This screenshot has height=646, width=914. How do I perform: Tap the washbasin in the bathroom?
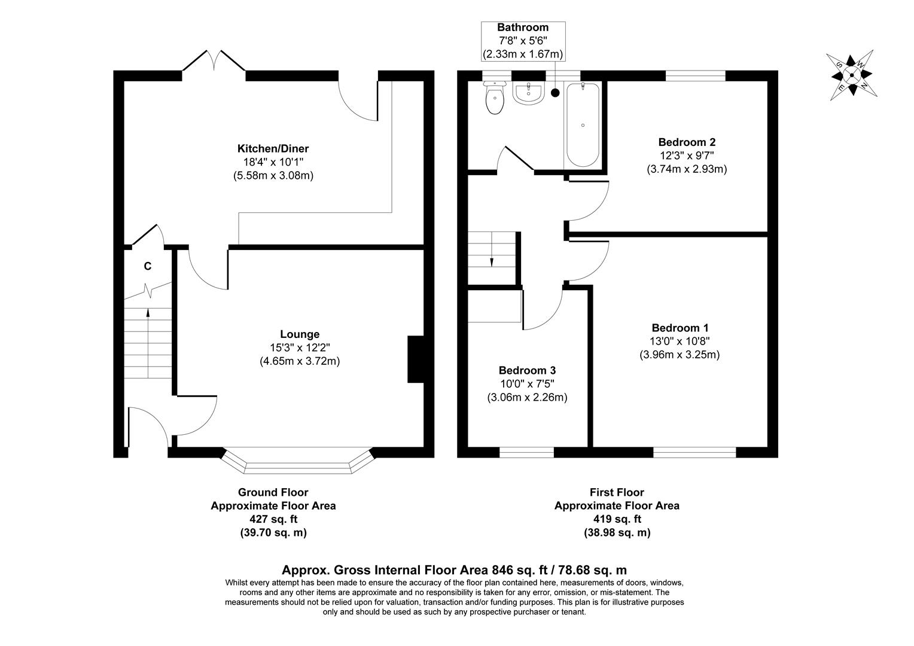coord(528,93)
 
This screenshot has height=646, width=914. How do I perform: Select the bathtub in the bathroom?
coord(582,125)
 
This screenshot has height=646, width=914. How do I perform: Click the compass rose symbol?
coord(849,76)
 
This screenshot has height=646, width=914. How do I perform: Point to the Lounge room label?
coord(300,334)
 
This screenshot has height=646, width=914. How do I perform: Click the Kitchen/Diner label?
coord(273,148)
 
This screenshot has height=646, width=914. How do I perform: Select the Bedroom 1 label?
coord(680,328)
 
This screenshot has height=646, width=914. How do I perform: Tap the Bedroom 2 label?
coord(686,142)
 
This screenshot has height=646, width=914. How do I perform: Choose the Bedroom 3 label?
coord(527,371)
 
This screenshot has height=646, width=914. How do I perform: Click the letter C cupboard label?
coord(147,266)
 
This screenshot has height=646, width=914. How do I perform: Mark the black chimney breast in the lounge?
coord(416,359)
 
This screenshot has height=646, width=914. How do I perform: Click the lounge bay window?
coord(298,466)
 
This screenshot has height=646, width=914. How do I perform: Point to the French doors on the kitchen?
coord(214,63)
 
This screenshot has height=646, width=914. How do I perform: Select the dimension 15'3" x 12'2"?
coord(300,348)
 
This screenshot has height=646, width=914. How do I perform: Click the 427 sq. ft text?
coord(273,519)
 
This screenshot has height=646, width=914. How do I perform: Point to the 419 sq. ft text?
coord(617,519)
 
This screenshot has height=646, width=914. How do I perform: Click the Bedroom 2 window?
coord(695,75)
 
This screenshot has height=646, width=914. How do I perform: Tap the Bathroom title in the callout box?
coord(523,28)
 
